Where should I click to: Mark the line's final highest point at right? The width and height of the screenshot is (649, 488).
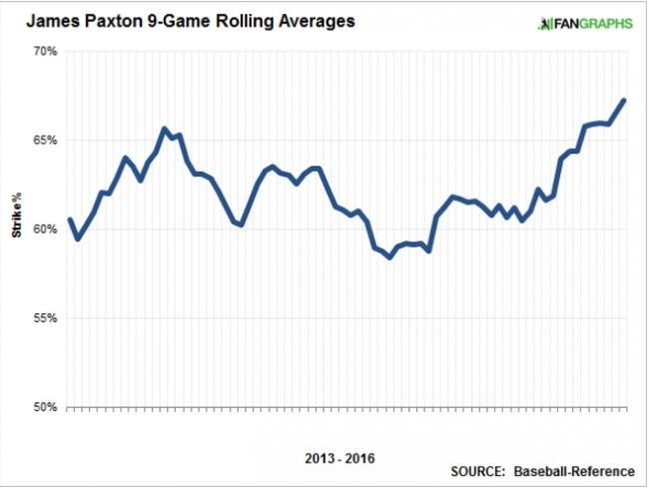(624, 100)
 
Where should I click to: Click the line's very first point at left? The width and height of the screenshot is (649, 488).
(69, 220)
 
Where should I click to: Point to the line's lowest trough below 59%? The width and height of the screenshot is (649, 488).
(389, 257)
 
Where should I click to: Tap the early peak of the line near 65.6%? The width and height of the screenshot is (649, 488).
(165, 129)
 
